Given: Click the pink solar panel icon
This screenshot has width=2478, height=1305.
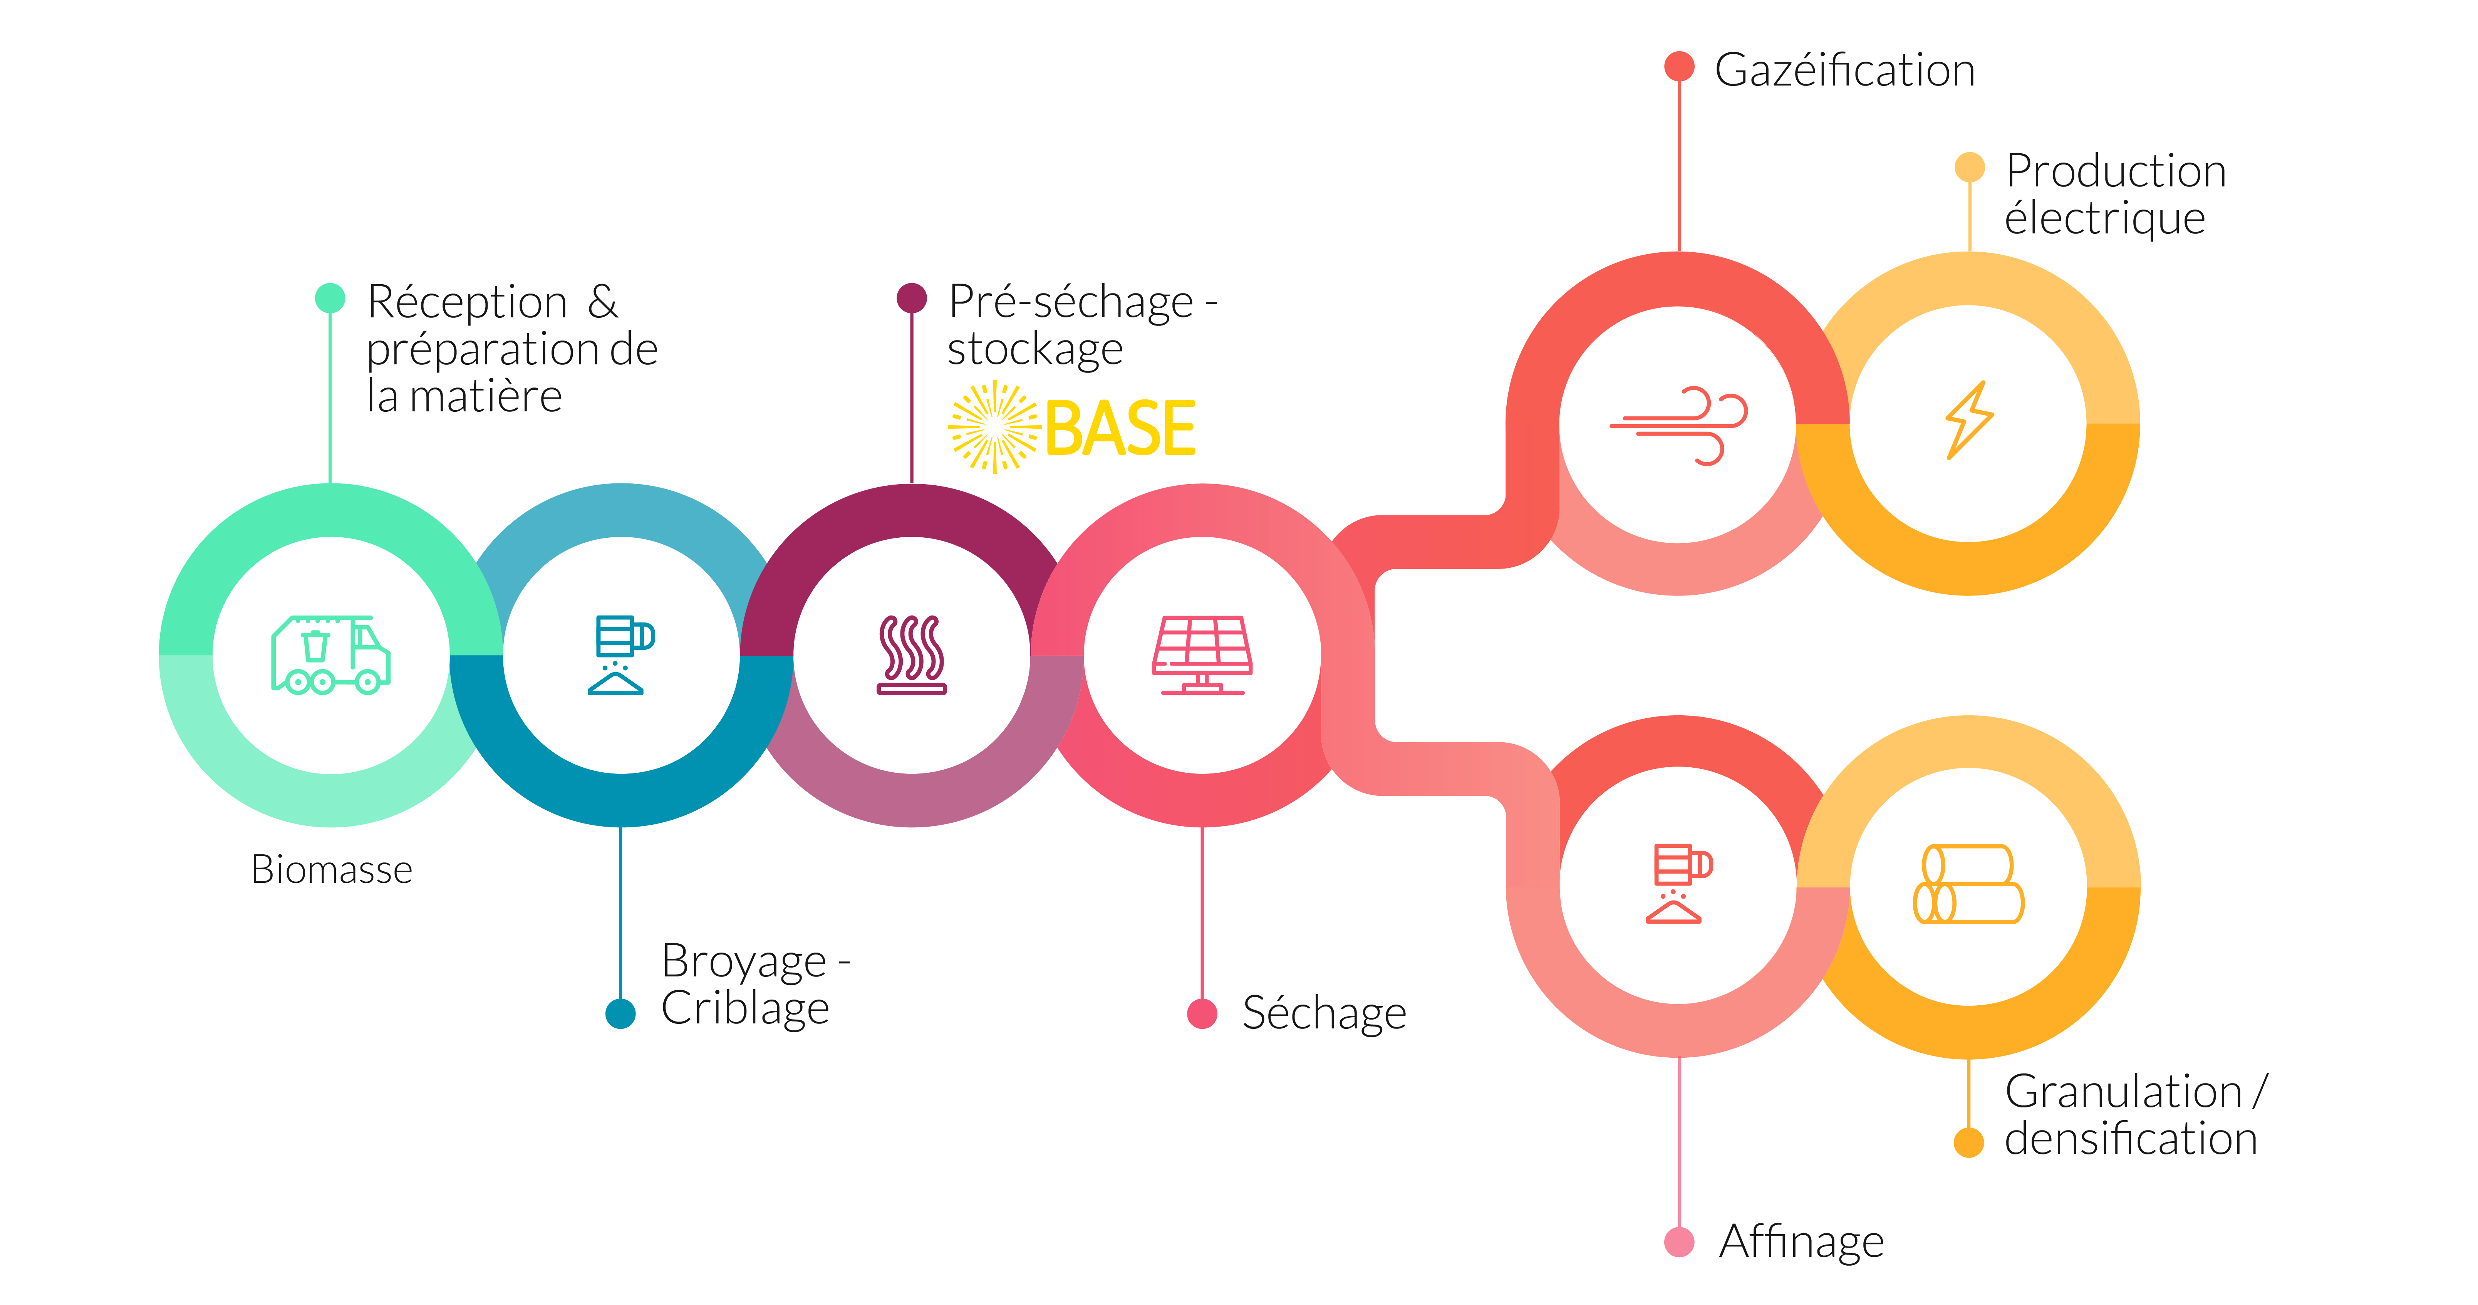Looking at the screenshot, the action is [1202, 654].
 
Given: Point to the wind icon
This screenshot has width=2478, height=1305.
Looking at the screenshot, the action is [1678, 425].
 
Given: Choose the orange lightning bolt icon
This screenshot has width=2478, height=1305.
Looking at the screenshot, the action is [1969, 421].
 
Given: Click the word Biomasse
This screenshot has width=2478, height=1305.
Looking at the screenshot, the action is [332, 870].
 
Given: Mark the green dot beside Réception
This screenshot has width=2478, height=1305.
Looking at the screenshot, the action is [330, 297].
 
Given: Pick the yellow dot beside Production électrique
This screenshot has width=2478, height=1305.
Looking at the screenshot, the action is [1969, 166].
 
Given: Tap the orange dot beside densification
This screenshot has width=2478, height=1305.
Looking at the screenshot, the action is [1969, 1142].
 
